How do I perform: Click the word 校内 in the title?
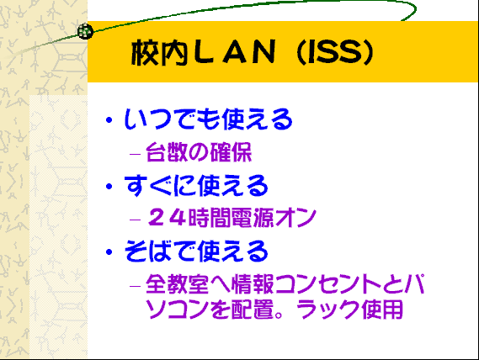(159, 52)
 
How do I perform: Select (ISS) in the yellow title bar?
(336, 52)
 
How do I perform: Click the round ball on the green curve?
(85, 31)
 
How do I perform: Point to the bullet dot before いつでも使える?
(109, 119)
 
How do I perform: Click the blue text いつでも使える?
(208, 119)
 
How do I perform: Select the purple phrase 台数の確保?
(199, 151)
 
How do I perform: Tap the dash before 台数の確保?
(135, 153)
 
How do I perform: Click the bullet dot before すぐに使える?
(109, 186)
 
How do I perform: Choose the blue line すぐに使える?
(196, 185)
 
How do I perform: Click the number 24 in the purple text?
(167, 217)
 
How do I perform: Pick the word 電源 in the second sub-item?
(253, 217)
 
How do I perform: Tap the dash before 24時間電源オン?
(135, 220)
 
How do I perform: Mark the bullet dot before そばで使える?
(109, 251)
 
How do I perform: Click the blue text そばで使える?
(196, 251)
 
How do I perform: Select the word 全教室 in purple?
(177, 284)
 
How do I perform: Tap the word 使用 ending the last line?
(382, 309)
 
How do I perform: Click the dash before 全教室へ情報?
(135, 286)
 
